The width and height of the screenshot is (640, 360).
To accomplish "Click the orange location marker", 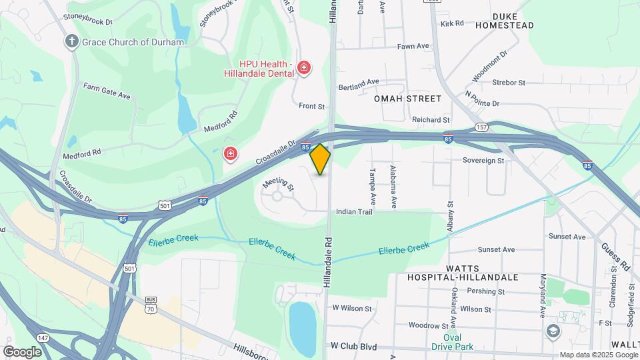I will point(321,159).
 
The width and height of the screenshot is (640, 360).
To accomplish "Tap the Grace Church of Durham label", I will point(133,42).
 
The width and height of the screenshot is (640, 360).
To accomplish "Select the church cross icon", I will point(72,42).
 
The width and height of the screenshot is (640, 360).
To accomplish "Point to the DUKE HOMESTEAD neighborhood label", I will point(505,21).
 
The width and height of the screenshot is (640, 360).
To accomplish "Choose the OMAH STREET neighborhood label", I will point(408,99).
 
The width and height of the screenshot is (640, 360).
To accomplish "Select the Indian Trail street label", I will point(354,211).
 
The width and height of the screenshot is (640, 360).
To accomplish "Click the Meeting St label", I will point(278,183).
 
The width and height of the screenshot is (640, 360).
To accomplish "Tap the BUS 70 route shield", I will point(151,305).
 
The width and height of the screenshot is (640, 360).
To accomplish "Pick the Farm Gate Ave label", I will point(107,91).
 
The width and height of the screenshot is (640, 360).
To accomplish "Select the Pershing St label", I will point(485,291).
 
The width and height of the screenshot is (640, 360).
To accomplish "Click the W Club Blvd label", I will point(354,347).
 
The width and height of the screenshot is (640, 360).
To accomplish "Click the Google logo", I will point(23,351).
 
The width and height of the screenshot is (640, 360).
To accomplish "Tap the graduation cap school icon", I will point(553,331).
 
